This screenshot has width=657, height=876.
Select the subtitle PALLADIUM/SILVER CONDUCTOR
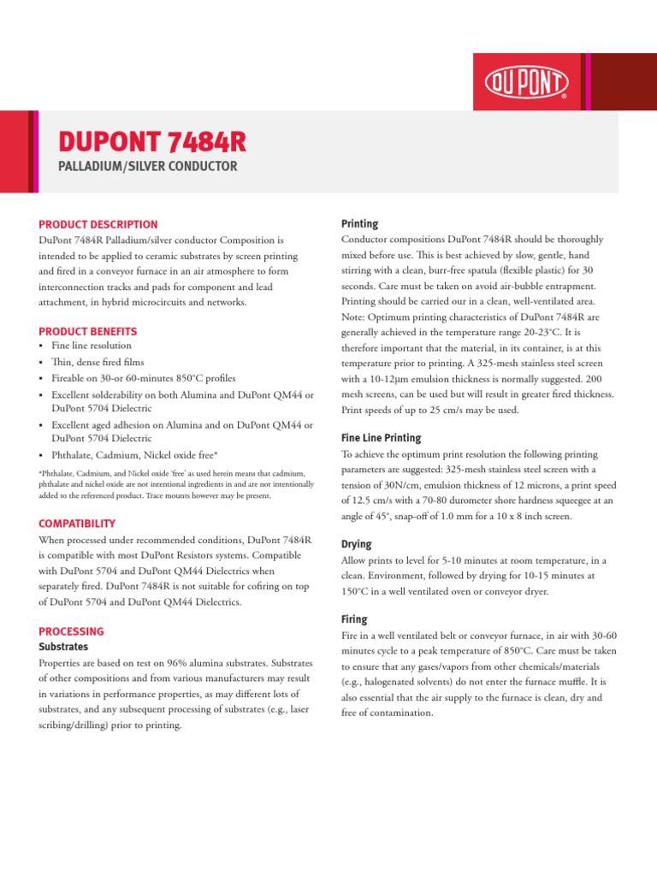tap(147, 165)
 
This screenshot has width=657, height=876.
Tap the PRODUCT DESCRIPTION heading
tap(98, 224)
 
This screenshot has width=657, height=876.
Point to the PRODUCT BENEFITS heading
tap(88, 331)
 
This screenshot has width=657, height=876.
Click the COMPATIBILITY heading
tap(77, 523)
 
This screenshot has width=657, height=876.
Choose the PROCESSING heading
tap(72, 630)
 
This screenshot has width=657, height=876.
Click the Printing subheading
tap(359, 223)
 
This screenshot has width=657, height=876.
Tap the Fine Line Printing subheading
tap(381, 437)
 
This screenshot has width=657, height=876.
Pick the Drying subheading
tap(356, 544)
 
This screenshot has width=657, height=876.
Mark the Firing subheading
tap(354, 619)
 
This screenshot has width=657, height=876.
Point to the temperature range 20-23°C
tap(529, 333)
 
